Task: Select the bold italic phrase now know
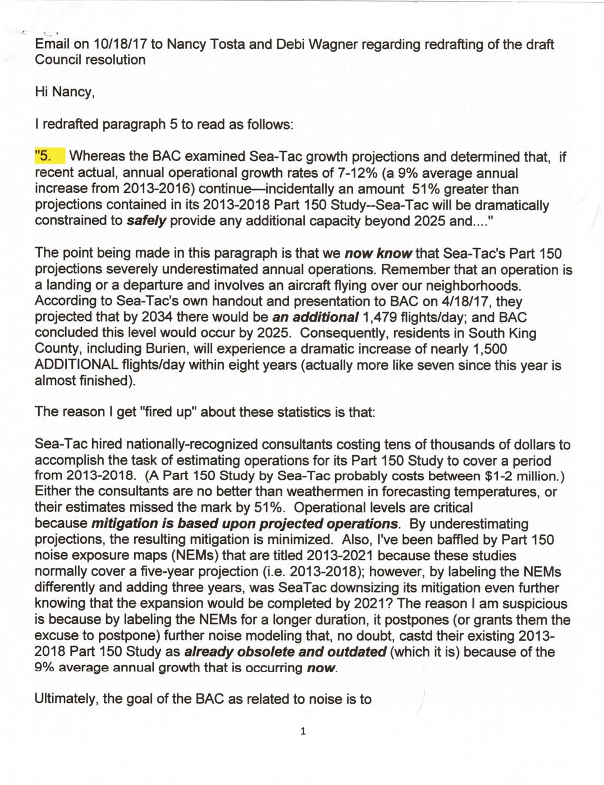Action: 378,254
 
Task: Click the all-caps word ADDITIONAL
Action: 76,365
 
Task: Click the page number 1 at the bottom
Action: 303,731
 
